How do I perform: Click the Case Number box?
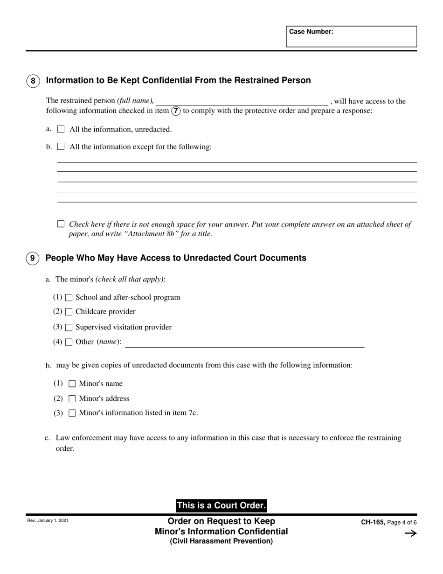click(351, 36)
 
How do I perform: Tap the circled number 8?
click(33, 81)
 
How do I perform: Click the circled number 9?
click(32, 258)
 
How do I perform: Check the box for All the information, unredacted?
click(61, 129)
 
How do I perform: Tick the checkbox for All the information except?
click(61, 147)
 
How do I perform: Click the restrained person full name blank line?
click(242, 101)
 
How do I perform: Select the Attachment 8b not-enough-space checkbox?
click(61, 224)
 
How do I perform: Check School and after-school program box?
click(69, 298)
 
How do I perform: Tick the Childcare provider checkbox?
click(69, 312)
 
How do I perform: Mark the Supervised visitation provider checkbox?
click(69, 328)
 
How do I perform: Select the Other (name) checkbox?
click(69, 342)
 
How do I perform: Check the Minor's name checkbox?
click(72, 384)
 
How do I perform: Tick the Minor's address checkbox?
click(72, 399)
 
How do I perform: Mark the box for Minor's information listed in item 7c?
click(72, 413)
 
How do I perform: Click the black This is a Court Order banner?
click(221, 505)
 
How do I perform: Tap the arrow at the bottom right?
click(410, 533)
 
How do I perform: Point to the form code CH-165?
click(373, 523)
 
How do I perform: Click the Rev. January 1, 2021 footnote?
click(48, 520)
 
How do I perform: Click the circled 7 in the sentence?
click(176, 111)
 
